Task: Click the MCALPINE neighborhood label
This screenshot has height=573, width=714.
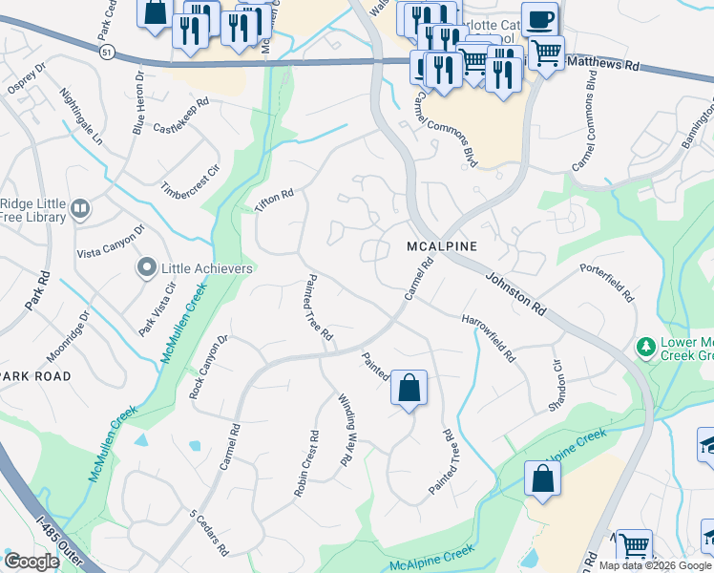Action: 440,246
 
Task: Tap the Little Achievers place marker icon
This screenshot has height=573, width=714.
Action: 146,269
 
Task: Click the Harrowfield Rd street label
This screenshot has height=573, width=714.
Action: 488,338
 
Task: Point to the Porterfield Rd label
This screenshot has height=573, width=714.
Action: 606,284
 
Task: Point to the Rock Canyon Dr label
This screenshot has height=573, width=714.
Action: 209,366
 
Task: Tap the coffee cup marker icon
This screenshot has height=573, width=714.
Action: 539,19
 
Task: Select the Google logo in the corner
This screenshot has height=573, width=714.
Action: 31,562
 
